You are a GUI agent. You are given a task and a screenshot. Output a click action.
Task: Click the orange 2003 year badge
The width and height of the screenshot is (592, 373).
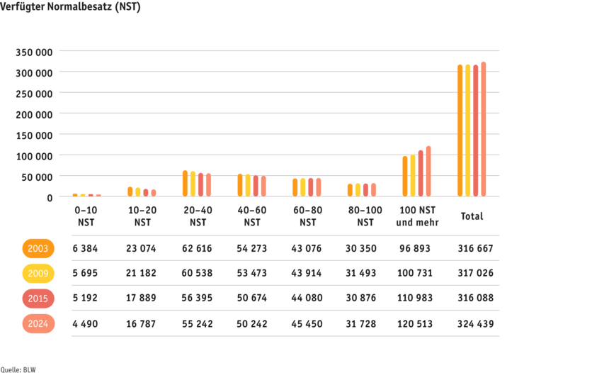38,249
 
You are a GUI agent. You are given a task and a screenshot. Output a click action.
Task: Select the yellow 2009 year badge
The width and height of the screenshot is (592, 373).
38,274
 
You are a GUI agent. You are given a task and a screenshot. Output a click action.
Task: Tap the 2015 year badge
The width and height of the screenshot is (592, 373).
38,299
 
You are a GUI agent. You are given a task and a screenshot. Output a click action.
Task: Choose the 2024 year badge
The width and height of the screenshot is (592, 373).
38,323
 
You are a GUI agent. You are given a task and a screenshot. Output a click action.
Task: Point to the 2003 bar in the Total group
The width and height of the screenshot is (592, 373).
460,130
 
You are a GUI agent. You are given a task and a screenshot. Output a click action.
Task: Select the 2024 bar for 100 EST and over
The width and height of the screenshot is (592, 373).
428,171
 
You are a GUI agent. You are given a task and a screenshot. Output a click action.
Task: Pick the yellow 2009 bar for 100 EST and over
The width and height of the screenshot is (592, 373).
413,175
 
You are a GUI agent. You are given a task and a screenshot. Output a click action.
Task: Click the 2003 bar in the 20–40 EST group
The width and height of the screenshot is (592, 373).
185,183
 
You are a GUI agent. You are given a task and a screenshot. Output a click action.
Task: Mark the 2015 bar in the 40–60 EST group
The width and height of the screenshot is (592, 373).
256,186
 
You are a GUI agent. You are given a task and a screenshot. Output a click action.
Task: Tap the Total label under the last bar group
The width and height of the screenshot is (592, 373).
472,216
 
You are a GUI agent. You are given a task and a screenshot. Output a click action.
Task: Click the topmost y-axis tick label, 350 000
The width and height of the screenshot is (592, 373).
35,52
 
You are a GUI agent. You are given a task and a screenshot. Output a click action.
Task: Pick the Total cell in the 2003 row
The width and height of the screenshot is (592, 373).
476,249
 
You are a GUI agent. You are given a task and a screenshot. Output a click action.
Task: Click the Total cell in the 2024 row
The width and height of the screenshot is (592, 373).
476,323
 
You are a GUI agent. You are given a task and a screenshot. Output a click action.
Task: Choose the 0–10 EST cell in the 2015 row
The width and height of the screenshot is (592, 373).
86,299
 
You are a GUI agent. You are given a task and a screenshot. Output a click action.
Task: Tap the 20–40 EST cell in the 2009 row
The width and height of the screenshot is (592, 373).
197,274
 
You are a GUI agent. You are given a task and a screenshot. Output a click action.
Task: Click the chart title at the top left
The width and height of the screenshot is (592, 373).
72,8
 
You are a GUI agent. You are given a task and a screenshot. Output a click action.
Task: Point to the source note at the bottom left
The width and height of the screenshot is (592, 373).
18,369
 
